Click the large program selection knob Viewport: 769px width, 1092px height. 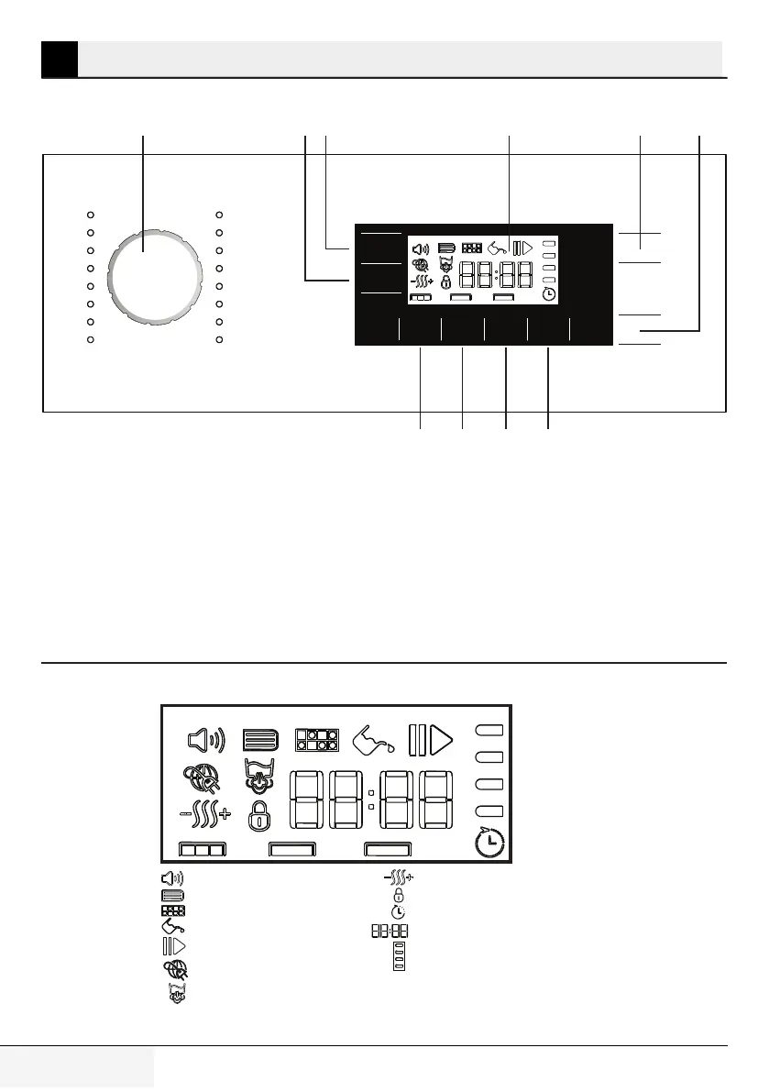pos(155,276)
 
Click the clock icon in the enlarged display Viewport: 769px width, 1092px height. pos(491,843)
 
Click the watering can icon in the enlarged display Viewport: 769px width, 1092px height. pos(373,739)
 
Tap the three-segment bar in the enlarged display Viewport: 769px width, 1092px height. pos(203,850)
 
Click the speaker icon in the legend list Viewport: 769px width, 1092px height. pos(172,878)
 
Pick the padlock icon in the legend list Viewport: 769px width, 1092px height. pos(399,895)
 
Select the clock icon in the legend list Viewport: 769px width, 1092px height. pos(399,912)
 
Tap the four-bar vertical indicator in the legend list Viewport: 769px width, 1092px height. pos(400,956)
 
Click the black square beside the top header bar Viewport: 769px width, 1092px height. pos(60,59)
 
